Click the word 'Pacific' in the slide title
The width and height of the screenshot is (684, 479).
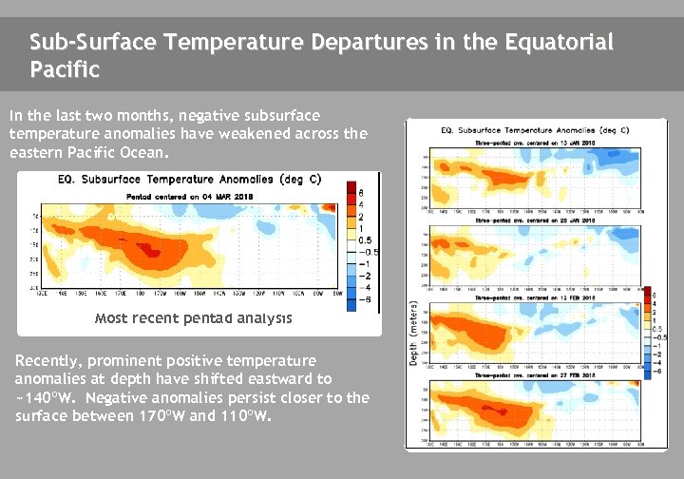coord(65,69)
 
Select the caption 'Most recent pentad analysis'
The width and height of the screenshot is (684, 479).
coord(193,318)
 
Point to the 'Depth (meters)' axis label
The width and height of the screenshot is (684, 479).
coord(413,333)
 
